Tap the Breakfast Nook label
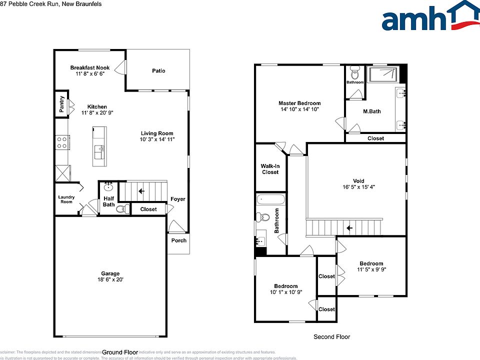pos(90,68)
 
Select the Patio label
pos(158,71)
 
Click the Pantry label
pos(61,104)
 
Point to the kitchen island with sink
pos(99,146)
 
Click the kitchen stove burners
pos(62,142)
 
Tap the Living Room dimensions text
pos(157,139)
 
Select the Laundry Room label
pos(66,199)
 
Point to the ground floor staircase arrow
pos(141,191)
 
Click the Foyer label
pos(177,199)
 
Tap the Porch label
pos(179,240)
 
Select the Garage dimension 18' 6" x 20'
pos(110,280)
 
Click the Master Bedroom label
pos(299,103)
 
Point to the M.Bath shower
pos(383,75)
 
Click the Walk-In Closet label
pos(270,169)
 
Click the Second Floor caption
pos(331,337)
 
